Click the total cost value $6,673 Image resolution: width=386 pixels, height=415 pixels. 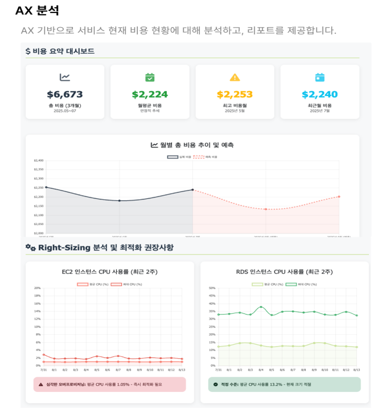65,94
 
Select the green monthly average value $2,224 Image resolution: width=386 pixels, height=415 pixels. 150,94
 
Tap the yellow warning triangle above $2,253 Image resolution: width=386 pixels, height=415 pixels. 235,77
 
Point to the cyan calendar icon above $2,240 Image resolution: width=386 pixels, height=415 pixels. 320,77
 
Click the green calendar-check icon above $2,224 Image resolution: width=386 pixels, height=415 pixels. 150,77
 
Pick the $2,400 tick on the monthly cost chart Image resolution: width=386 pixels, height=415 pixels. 39,160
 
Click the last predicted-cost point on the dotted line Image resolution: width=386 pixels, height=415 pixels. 339,197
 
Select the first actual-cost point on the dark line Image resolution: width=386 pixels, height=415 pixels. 46,187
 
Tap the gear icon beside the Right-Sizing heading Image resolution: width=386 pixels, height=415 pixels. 31,247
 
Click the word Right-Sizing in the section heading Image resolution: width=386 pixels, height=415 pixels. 64,247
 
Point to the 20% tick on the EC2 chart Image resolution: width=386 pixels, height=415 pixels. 37,288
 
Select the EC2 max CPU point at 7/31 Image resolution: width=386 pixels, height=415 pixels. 43,354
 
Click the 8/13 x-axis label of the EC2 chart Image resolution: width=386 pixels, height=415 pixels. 182,370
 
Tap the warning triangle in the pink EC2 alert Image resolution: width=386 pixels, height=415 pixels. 41,384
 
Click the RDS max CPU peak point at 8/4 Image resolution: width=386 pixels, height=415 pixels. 261,307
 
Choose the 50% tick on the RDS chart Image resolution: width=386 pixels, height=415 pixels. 212,288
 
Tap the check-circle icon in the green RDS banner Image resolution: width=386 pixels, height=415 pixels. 216,384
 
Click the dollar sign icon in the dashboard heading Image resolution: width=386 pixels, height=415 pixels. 28,51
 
